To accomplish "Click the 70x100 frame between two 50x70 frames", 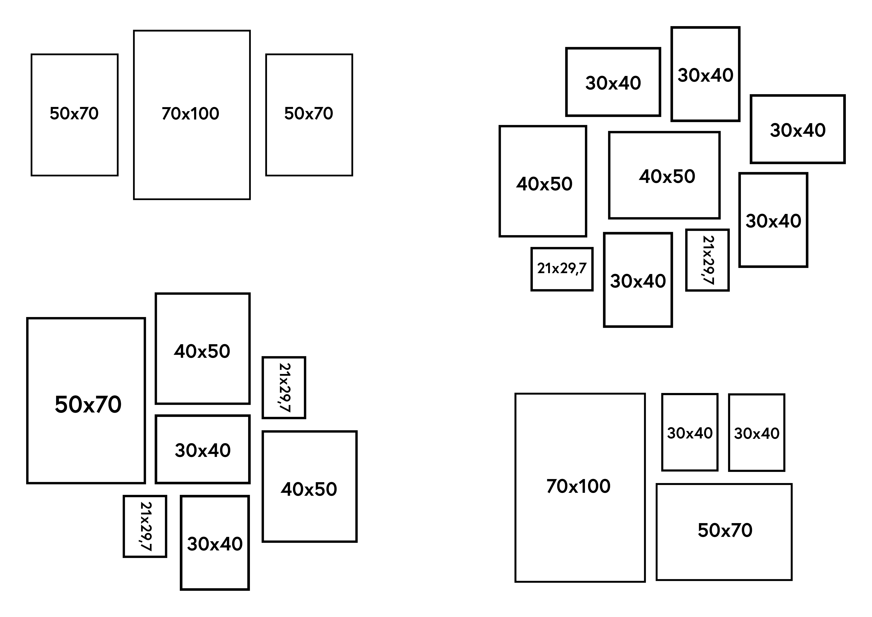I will pos(192,115).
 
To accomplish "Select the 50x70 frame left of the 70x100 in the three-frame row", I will pos(74,115).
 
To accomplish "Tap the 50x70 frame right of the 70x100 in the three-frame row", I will pos(309,115).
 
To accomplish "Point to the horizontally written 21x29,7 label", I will pos(562,269).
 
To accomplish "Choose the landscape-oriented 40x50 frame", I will pos(664,175).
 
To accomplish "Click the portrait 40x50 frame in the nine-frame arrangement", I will pos(543,181).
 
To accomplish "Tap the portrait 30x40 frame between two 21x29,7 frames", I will pos(638,280).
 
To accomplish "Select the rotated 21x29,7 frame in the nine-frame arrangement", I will pos(707,260).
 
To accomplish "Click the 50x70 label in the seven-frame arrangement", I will pos(88,404).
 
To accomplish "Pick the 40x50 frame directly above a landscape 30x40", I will pos(202,348).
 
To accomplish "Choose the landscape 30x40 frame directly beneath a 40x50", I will pos(202,449).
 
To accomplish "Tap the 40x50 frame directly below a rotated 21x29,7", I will pos(309,486).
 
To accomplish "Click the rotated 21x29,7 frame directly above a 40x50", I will pos(284,388).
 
